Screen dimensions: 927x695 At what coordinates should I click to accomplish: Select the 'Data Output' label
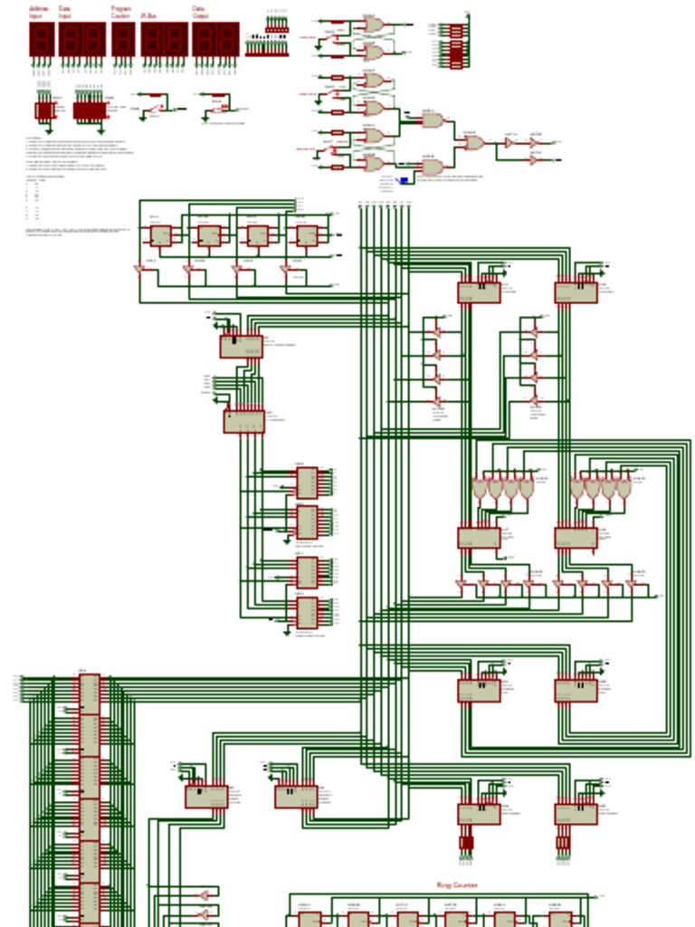tap(201, 13)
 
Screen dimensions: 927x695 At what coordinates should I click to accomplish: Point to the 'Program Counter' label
tap(121, 13)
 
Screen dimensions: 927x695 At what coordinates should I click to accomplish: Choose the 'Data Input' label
tap(65, 13)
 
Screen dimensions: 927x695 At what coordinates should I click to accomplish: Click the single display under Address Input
tap(42, 39)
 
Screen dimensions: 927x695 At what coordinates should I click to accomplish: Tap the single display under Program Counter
tap(123, 39)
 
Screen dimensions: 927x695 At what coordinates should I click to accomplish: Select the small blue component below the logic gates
tap(404, 180)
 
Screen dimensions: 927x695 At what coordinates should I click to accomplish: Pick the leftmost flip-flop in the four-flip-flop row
tap(160, 235)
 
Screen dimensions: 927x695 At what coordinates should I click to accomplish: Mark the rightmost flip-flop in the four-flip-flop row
tap(307, 235)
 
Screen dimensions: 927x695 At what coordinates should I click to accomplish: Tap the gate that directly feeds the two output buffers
tap(474, 142)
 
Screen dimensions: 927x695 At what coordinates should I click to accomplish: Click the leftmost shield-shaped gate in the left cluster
tap(479, 488)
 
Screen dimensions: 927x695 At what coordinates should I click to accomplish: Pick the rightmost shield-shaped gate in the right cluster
tap(624, 488)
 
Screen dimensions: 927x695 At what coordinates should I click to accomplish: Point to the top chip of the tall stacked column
tap(90, 693)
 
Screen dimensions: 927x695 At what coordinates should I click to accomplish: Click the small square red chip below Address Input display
tap(44, 110)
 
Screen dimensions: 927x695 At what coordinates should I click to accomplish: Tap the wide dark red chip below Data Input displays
tap(89, 110)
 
